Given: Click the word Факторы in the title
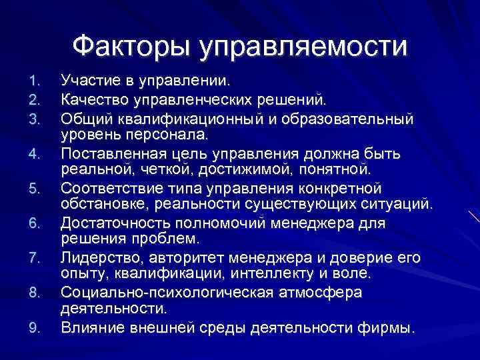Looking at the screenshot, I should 129,47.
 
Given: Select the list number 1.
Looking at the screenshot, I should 35,83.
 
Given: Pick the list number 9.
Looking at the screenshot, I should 35,328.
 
